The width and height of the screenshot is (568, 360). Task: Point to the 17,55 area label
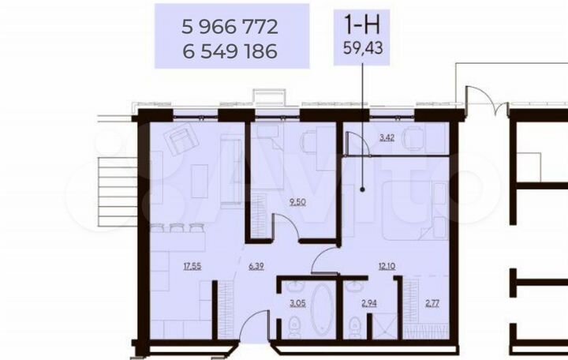click(x=192, y=266)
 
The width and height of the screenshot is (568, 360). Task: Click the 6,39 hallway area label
click(x=256, y=266)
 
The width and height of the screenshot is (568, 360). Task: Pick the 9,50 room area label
click(x=297, y=203)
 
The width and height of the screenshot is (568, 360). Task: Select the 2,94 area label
click(x=368, y=303)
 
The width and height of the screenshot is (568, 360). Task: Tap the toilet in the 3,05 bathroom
click(x=293, y=324)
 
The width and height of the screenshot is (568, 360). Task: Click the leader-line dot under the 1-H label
click(x=362, y=189)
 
